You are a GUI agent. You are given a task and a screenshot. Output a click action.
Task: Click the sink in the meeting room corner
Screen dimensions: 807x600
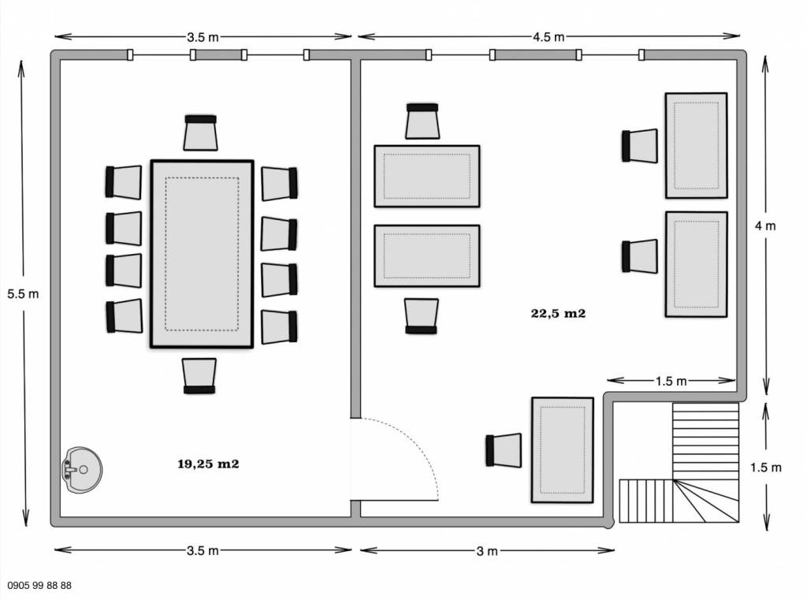coord(82,469)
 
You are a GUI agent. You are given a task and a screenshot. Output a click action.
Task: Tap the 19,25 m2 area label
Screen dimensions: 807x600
coord(208,464)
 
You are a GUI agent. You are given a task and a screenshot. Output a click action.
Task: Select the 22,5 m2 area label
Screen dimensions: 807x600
coord(559,313)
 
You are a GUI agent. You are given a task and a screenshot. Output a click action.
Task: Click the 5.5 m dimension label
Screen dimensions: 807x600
coord(23,294)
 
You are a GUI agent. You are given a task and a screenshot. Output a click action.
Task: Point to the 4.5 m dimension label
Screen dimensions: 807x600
coord(549,37)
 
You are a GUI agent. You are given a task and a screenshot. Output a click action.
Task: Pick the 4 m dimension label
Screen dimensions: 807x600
coord(765,225)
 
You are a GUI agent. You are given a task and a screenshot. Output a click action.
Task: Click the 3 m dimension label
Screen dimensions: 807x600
coord(487,552)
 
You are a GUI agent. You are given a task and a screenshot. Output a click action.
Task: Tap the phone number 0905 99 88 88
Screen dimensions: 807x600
coord(39,586)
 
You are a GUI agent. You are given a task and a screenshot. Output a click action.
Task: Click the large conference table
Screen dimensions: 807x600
coord(202,254)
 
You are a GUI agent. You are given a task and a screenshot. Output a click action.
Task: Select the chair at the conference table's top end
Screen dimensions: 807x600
coord(201,133)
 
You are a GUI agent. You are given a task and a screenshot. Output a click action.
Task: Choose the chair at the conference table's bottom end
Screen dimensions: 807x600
coord(199,376)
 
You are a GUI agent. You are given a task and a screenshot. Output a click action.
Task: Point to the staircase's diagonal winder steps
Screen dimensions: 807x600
coord(705,501)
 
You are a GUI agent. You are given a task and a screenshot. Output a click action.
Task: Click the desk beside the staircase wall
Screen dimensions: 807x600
coord(563,449)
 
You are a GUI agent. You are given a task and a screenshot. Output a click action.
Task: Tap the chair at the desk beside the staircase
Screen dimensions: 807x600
coord(504,450)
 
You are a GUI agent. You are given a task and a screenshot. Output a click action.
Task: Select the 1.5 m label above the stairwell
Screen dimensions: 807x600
coord(671,381)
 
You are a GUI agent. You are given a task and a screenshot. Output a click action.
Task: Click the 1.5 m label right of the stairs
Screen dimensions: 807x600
coord(766,468)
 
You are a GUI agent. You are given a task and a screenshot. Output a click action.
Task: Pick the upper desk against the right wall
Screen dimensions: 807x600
coord(697,146)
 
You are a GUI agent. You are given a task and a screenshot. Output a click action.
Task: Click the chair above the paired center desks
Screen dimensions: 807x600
coord(422,121)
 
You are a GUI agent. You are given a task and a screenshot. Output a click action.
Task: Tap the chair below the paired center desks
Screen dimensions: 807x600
coord(422,316)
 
